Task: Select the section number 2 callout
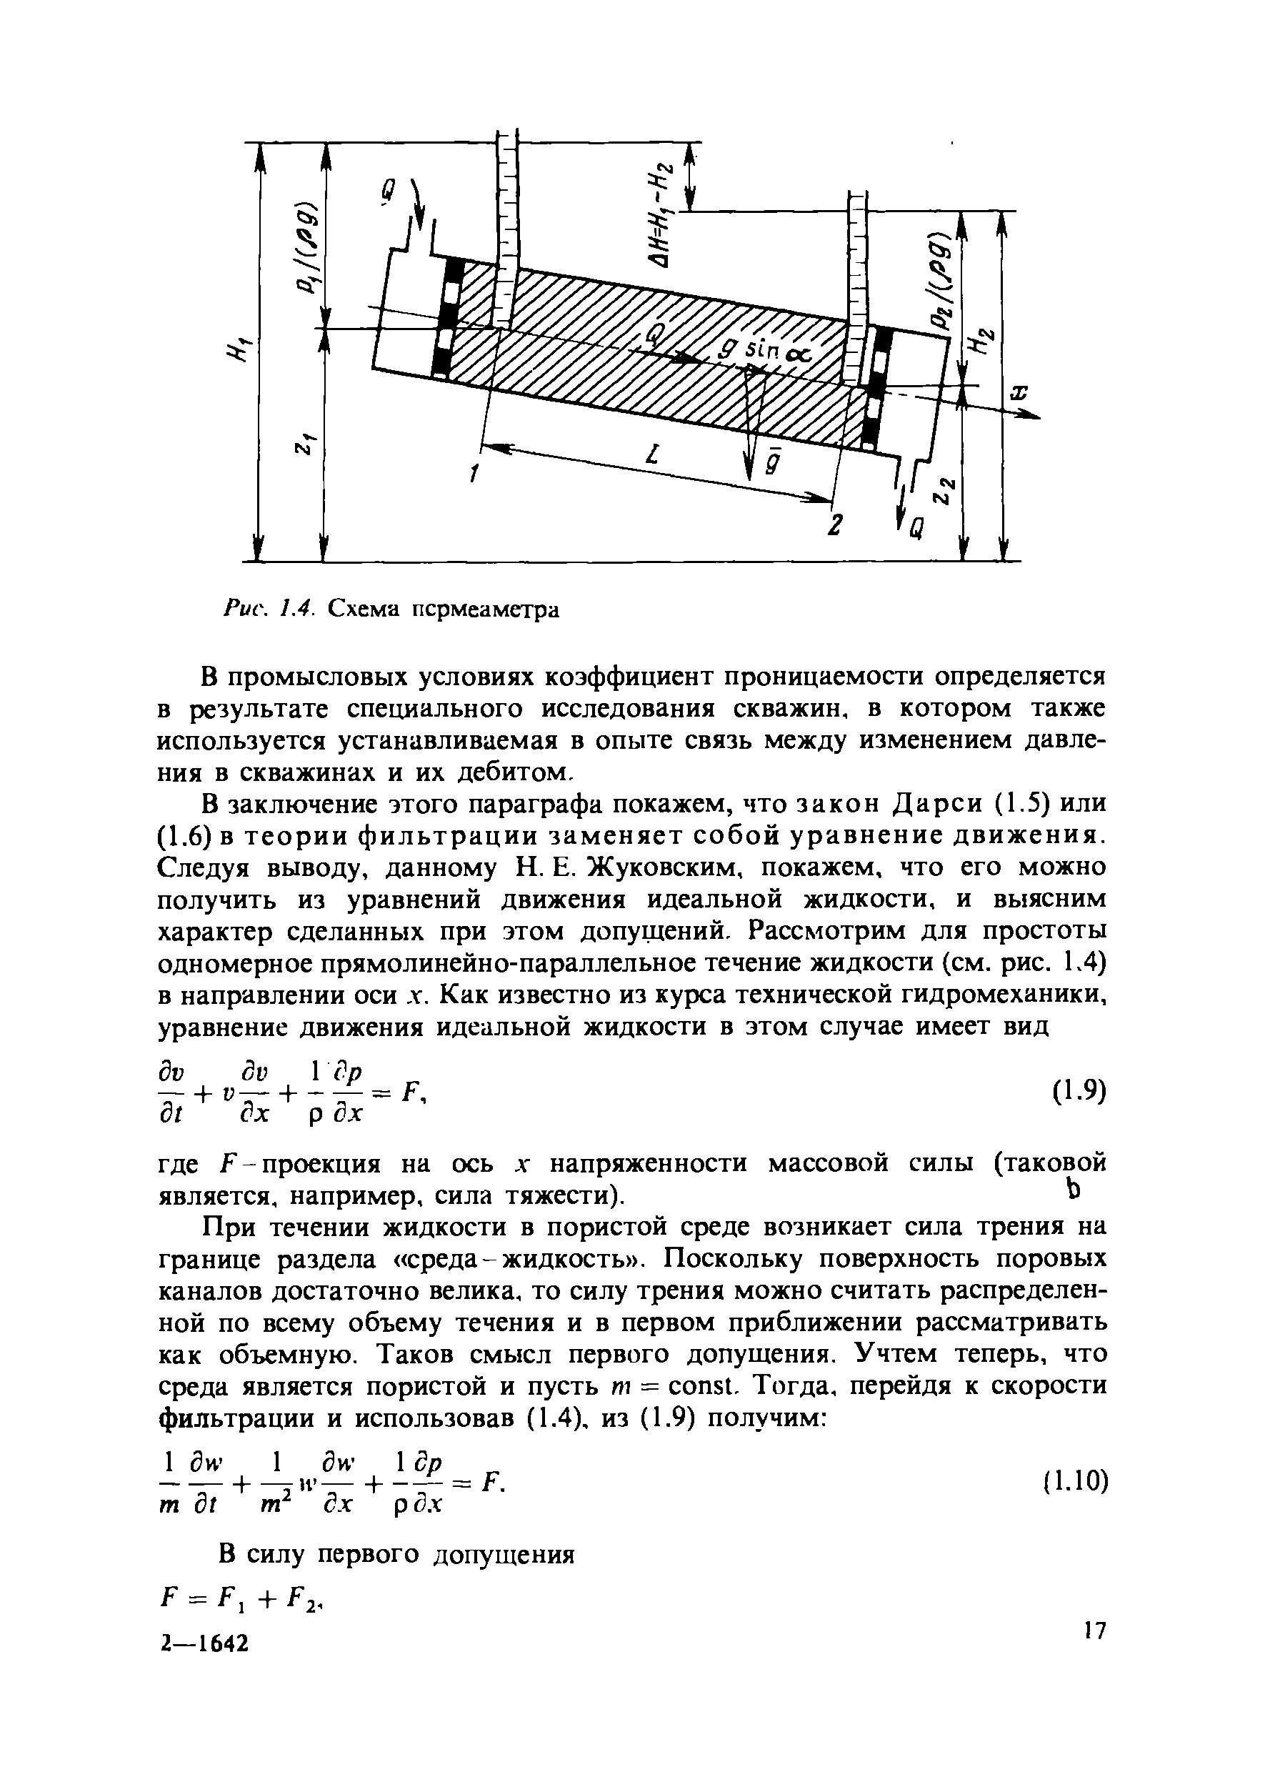click(833, 526)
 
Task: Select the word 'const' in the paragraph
click(703, 1387)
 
